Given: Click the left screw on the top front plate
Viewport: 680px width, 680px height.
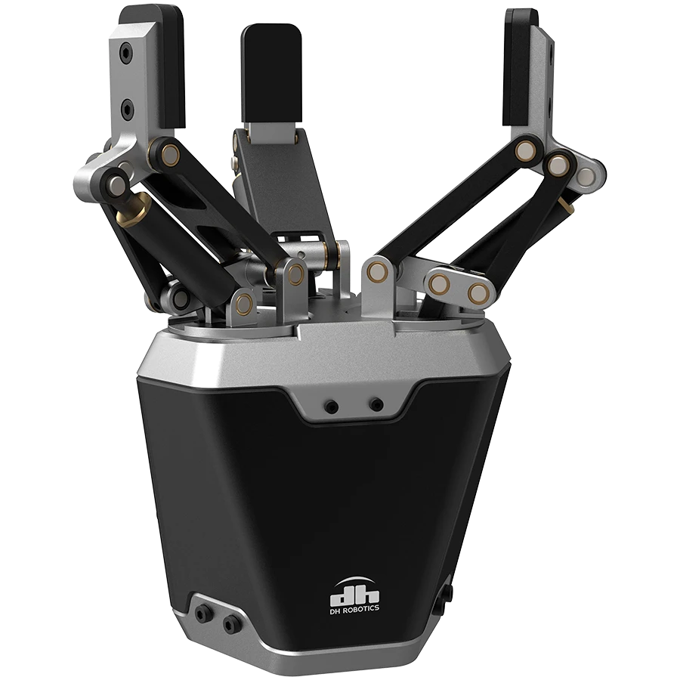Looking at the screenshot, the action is point(332,406).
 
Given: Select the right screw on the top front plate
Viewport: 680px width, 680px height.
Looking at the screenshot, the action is point(376,405).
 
